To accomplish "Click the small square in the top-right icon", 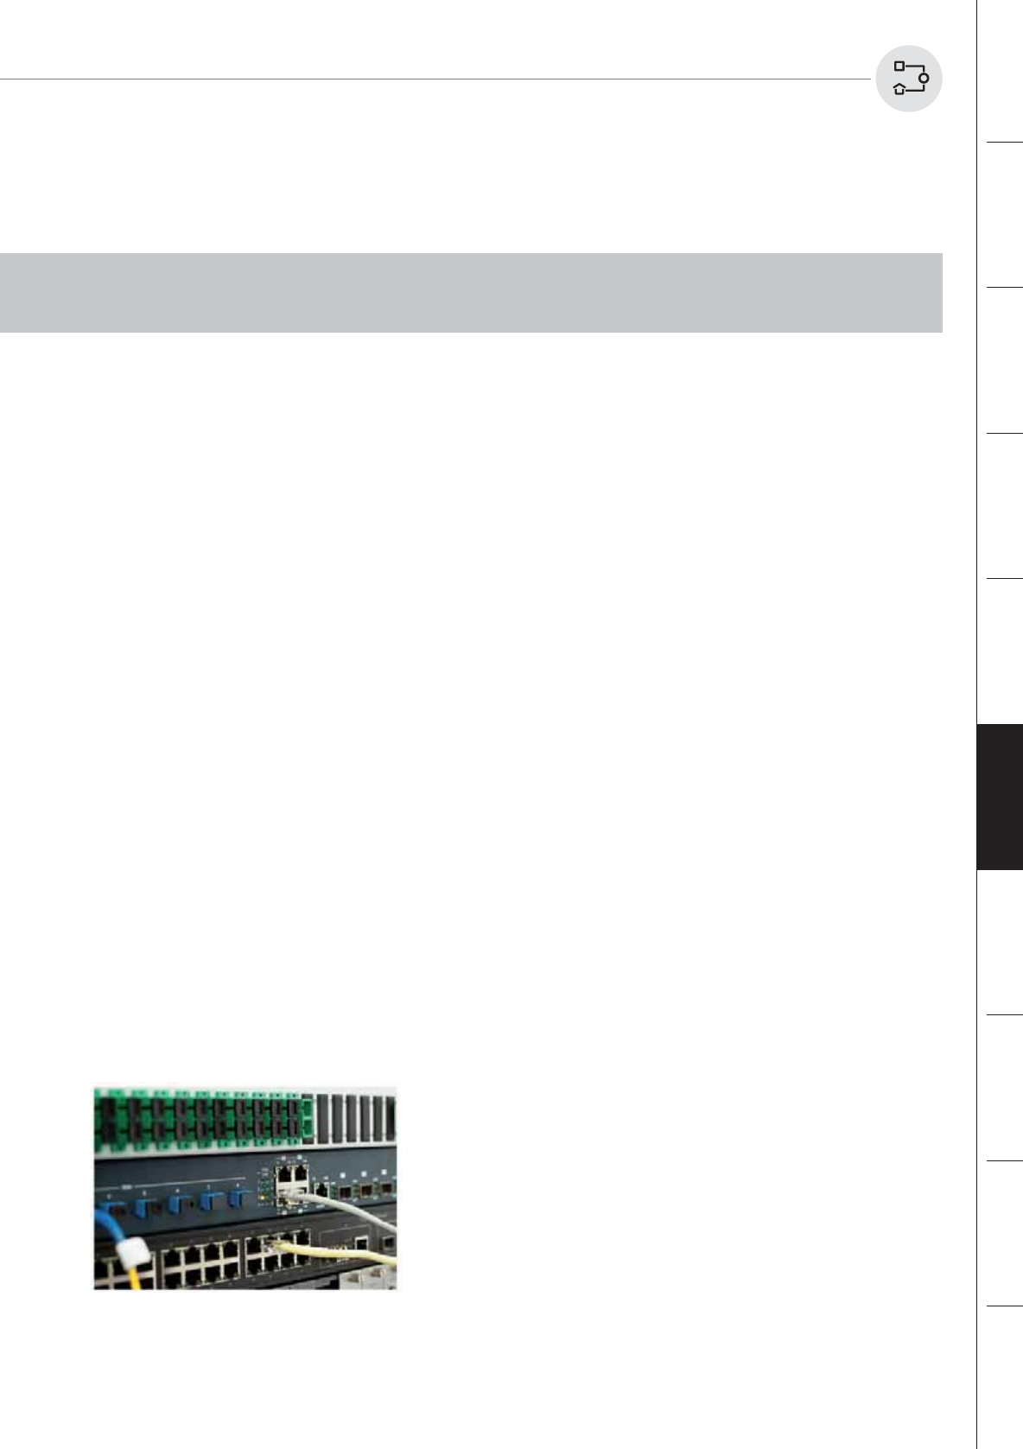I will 899,66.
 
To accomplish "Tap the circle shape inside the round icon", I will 924,79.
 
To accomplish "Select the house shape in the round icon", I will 899,88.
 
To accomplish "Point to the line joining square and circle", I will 914,67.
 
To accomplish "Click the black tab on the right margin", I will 1000,797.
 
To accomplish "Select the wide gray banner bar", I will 471,292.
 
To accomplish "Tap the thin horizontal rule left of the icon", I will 432,79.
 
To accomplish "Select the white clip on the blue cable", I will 130,1252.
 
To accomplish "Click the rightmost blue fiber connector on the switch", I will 234,1200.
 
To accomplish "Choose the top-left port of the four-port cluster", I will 282,1173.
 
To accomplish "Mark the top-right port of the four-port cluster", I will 300,1173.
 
